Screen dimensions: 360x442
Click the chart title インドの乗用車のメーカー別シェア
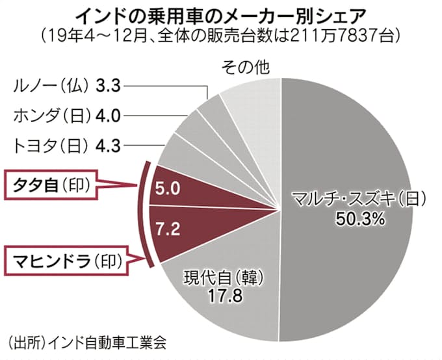point(220,12)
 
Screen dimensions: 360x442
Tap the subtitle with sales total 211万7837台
point(220,32)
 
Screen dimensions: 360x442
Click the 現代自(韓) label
point(222,278)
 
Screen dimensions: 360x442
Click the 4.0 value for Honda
point(107,116)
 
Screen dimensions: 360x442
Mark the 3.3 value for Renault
point(107,84)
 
